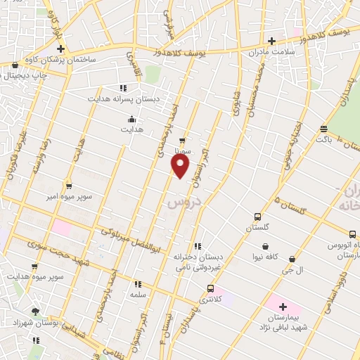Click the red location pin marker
pos(180,165)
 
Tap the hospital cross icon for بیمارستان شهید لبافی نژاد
pos(283,307)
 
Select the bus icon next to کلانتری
pos(210,288)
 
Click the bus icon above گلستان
pos(257,217)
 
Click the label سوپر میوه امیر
pos(68,198)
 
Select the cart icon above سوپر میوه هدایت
pos(34,267)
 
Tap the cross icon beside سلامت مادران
pos(271,40)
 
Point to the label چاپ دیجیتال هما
pos(23,75)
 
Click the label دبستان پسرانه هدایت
pos(124,99)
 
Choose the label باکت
pos(323,140)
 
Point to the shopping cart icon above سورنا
pos(182,140)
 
